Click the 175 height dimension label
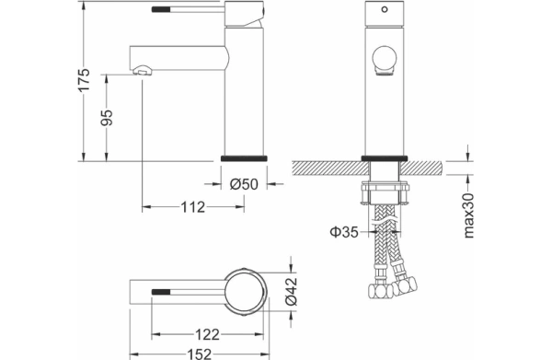(x=85, y=79)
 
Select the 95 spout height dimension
(x=107, y=117)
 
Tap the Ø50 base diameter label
(x=244, y=184)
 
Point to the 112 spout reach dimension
(x=193, y=207)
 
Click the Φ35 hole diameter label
(x=344, y=232)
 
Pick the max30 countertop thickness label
(x=468, y=215)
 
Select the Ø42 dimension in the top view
(x=292, y=291)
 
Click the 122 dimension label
(x=207, y=334)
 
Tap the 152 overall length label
(x=200, y=354)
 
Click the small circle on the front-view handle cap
(x=385, y=9)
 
